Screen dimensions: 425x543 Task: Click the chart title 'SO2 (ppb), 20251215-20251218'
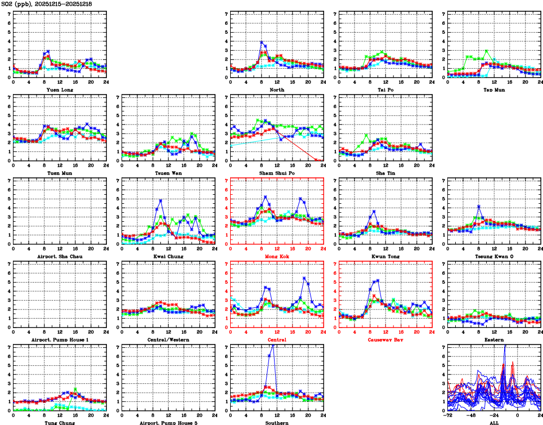[47, 4]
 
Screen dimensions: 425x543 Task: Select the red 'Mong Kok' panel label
[276, 257]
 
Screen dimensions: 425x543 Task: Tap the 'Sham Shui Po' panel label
[276, 173]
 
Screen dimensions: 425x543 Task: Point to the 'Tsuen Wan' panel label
[168, 173]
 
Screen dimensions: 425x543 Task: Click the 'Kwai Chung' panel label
[168, 257]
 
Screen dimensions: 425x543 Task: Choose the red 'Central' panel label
[276, 340]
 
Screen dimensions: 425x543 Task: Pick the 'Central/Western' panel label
[168, 340]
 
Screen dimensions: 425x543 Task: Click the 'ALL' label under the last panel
[493, 422]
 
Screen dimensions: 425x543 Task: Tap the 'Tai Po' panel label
[385, 90]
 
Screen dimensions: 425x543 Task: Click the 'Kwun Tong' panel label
[385, 257]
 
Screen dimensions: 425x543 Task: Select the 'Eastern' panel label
[493, 340]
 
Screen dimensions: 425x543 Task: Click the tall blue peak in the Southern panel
[273, 346]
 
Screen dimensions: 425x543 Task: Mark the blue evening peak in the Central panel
[304, 278]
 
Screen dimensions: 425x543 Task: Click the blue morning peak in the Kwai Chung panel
[160, 200]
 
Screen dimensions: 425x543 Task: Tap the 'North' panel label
[276, 90]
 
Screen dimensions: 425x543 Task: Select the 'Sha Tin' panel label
[385, 173]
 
